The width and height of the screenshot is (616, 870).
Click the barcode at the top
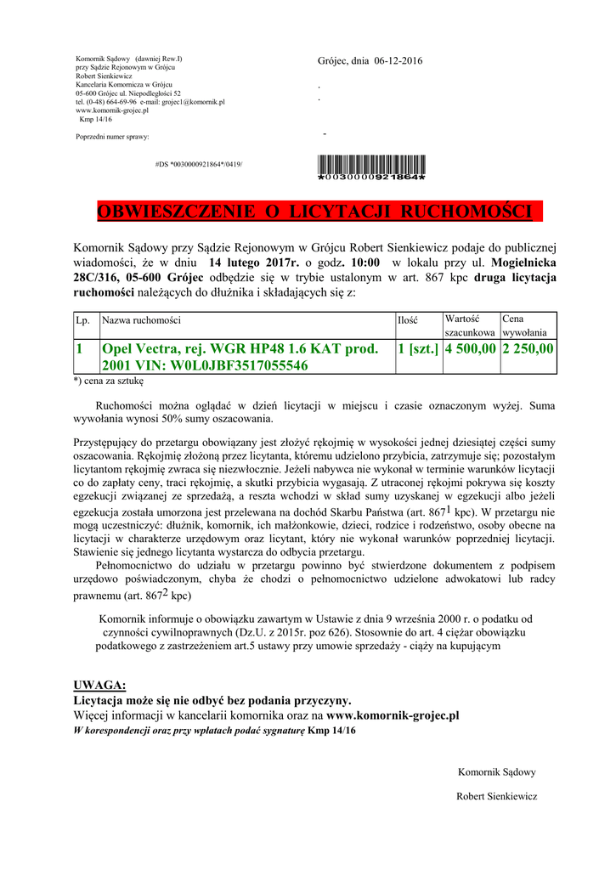click(370, 168)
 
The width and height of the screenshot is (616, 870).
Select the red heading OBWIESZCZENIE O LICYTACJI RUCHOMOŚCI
click(314, 211)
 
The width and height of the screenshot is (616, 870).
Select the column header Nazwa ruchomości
click(141, 320)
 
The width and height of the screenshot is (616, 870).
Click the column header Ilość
click(408, 320)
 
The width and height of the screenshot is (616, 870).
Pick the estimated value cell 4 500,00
click(470, 349)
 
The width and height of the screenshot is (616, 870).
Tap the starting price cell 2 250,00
click(528, 349)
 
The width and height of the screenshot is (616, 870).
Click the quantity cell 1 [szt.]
click(417, 349)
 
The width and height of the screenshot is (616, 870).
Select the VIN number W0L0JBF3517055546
click(240, 365)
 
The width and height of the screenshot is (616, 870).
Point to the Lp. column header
click(83, 320)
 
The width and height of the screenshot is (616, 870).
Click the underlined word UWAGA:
click(100, 685)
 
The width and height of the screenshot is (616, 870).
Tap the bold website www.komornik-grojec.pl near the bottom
click(393, 715)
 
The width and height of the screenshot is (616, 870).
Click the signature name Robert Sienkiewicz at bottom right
click(496, 796)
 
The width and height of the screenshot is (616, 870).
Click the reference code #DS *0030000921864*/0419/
click(199, 162)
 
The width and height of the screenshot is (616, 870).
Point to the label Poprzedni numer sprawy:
click(112, 136)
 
